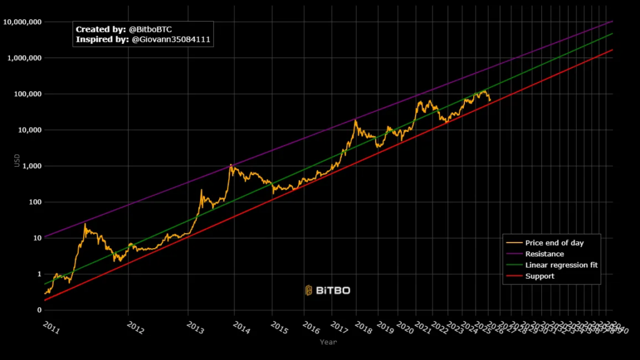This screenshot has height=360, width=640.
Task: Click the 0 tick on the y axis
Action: click(x=39, y=310)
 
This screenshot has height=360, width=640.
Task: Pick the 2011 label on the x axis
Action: click(x=52, y=326)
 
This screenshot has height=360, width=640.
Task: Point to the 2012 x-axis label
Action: click(x=135, y=326)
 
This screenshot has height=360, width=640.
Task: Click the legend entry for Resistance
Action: click(x=544, y=254)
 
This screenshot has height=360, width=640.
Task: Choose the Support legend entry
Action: click(x=539, y=276)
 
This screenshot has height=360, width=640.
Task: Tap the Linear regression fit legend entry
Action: click(x=561, y=265)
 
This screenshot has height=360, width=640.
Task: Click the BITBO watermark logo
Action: click(x=327, y=290)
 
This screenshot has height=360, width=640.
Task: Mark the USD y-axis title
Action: click(x=17, y=161)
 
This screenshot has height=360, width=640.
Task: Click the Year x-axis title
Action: click(x=328, y=342)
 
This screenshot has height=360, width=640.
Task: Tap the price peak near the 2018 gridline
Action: click(x=356, y=121)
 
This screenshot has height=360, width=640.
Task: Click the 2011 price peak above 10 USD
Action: click(x=85, y=224)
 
